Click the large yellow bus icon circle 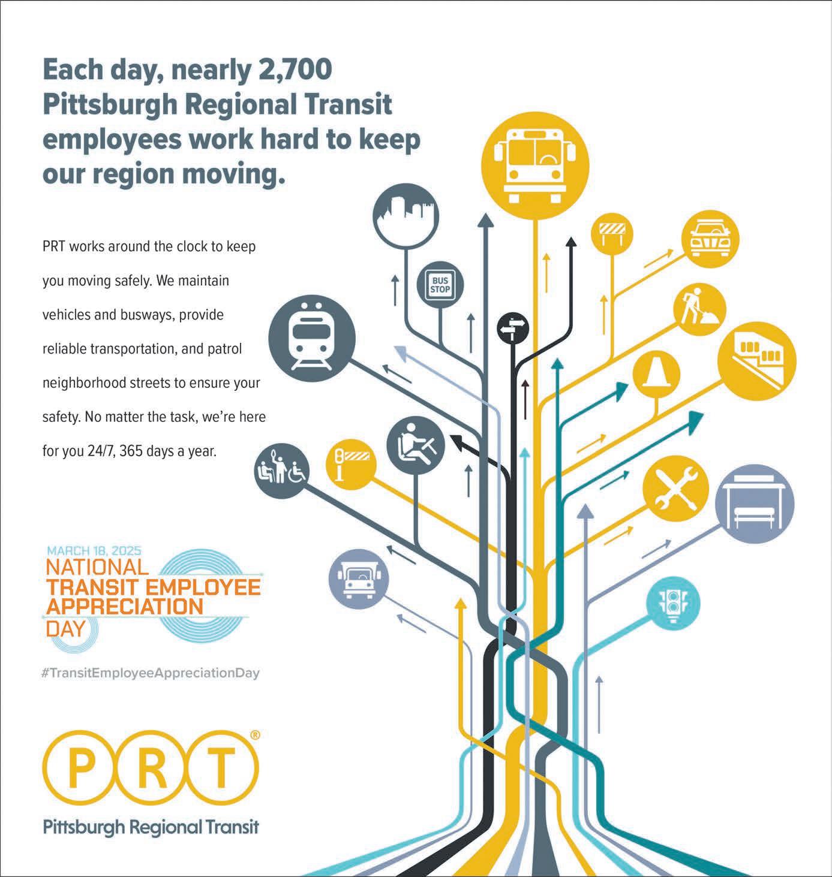(x=536, y=161)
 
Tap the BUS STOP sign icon (x=440, y=285)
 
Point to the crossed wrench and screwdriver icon (x=674, y=489)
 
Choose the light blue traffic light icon (x=674, y=602)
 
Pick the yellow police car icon (x=709, y=237)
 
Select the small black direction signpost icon (x=513, y=328)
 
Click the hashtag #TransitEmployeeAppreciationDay (x=151, y=673)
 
